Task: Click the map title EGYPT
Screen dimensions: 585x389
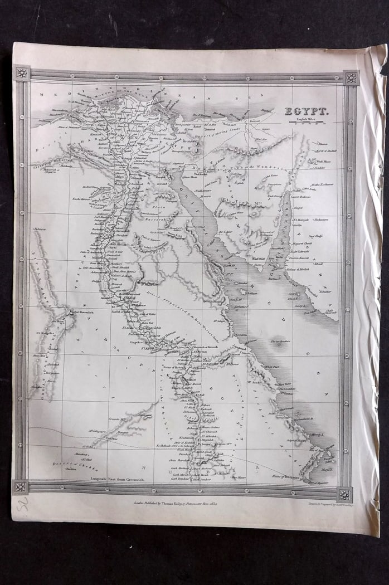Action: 307,111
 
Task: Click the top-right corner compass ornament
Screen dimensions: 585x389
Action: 351,77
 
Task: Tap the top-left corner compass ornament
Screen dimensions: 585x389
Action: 22,73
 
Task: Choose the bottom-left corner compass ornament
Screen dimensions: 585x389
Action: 20,486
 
